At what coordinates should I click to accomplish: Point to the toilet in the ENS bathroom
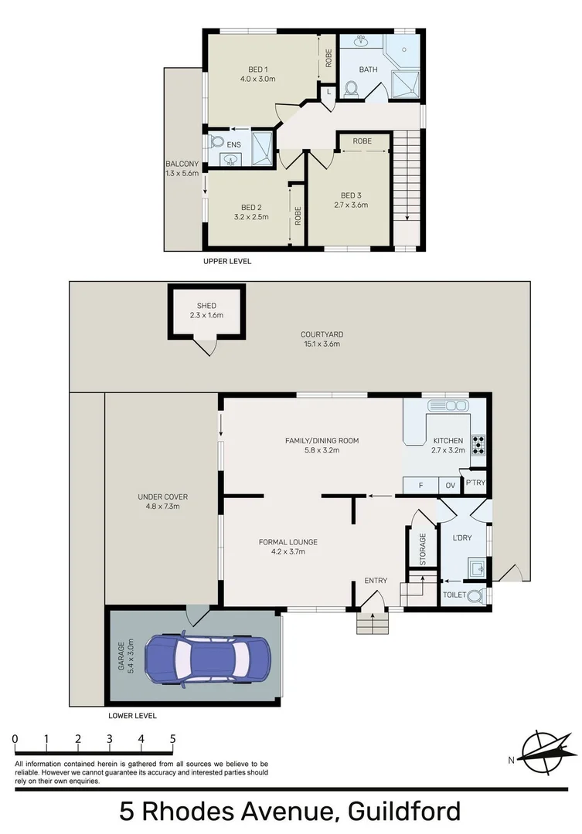pos(216,143)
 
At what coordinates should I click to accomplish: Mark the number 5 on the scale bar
pos(172,739)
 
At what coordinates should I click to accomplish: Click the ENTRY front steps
pos(371,622)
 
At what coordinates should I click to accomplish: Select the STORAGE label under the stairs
pos(423,549)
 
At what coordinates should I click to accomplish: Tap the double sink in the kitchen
pos(448,405)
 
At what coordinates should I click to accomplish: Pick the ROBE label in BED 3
pos(362,141)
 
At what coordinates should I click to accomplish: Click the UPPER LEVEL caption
pos(226,261)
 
